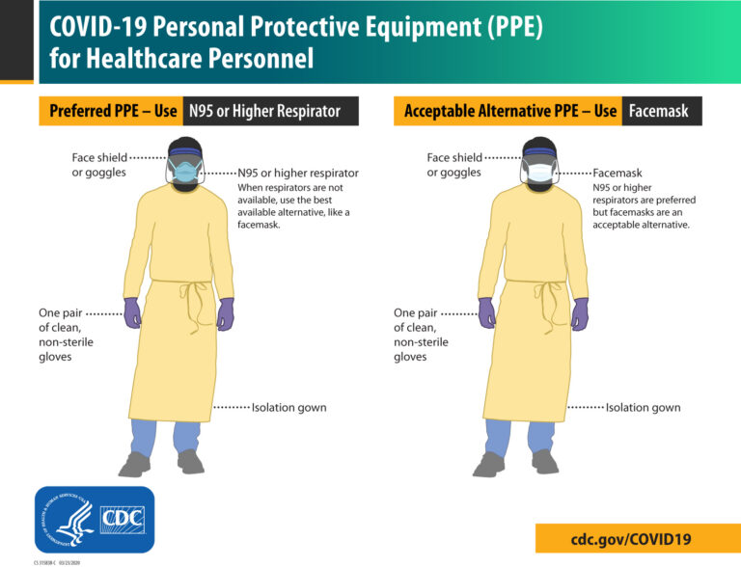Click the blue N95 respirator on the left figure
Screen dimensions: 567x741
[x=184, y=172]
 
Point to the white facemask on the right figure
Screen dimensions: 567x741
[x=539, y=173]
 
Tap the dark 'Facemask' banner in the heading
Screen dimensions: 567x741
[x=661, y=111]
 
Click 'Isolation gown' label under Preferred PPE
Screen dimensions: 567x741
[x=288, y=408]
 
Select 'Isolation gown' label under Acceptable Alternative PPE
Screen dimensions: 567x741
[x=643, y=408]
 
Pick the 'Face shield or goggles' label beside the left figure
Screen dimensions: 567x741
[x=98, y=165]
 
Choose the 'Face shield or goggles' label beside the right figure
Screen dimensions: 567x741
[x=453, y=165]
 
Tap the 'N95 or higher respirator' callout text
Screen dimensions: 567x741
[x=298, y=174]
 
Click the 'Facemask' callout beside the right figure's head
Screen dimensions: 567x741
[x=617, y=174]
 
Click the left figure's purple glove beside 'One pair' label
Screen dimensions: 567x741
[x=132, y=312]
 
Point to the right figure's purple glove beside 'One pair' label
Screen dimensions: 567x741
[x=487, y=312]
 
